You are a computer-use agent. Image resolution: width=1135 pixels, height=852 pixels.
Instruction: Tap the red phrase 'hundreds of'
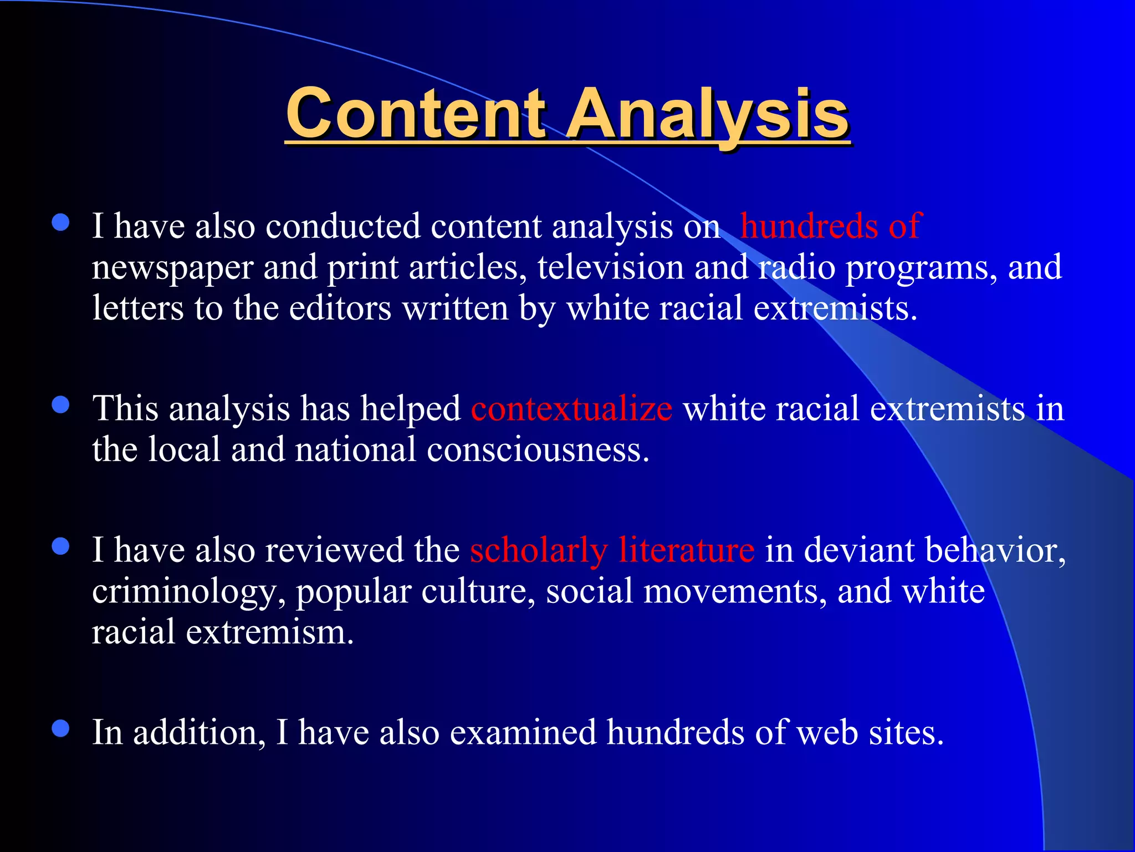830,226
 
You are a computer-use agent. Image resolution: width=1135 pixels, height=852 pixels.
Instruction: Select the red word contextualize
571,409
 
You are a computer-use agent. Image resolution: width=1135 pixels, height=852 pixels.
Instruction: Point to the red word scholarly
539,551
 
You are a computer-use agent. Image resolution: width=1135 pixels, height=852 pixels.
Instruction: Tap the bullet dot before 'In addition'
60,728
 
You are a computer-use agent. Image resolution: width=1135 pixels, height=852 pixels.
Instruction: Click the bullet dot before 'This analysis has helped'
60,404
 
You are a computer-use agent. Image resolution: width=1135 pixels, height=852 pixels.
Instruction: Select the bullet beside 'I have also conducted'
60,222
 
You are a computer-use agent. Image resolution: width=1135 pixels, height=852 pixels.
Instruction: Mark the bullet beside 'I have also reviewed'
60,546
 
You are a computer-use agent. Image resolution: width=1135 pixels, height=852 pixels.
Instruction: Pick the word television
610,267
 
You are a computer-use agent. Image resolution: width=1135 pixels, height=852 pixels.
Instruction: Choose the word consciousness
538,450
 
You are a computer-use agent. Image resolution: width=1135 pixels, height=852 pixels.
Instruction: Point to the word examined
523,733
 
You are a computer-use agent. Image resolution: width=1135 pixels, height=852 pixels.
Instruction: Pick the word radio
796,267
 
